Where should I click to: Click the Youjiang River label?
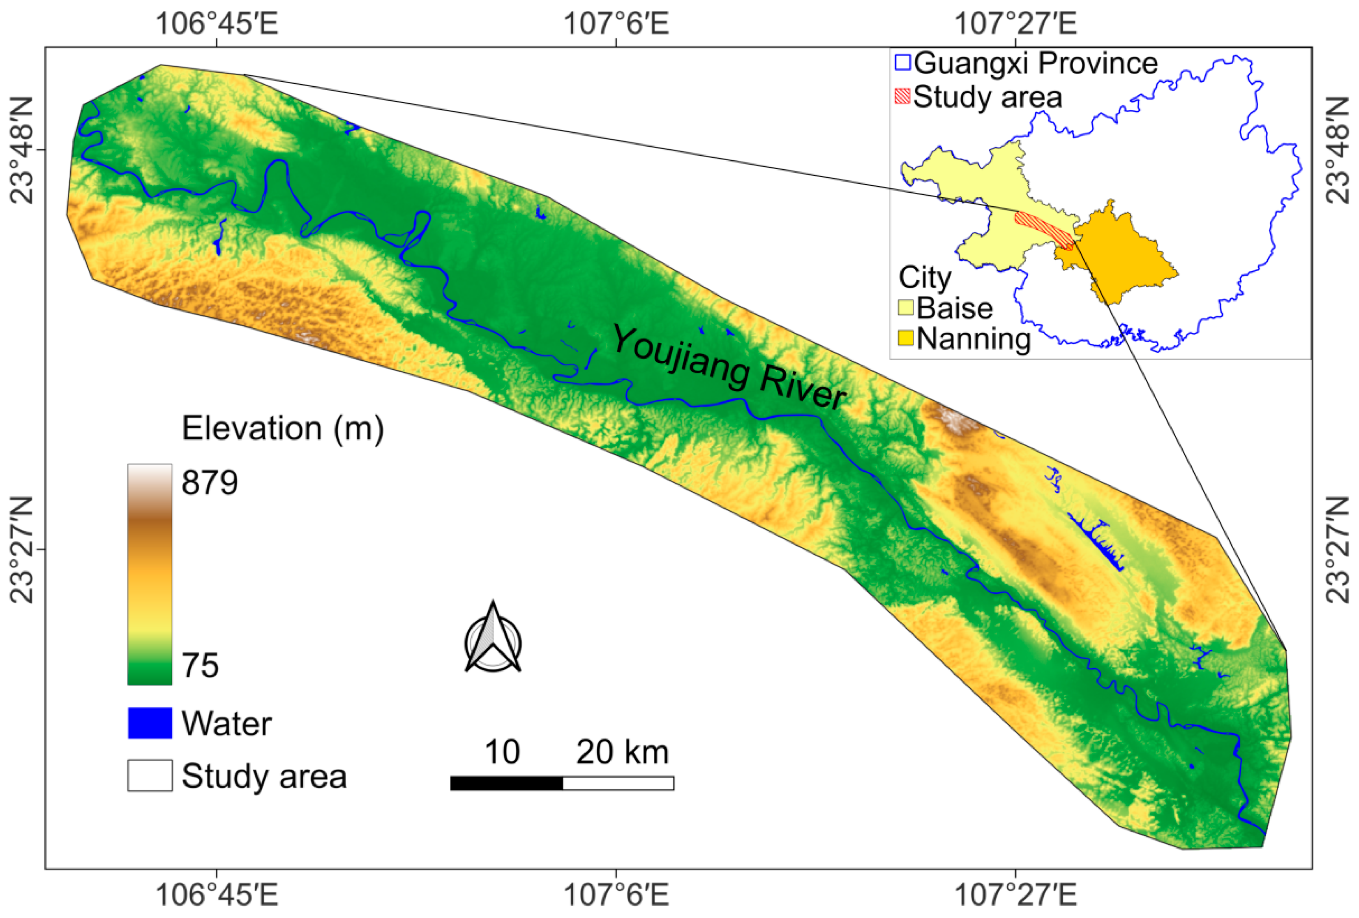point(729,367)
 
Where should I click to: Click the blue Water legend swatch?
point(150,723)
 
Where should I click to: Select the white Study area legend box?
point(150,775)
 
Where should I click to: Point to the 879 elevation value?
point(209,483)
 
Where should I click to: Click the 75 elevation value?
point(200,665)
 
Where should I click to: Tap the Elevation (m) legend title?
point(282,429)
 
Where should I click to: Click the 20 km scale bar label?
point(622,752)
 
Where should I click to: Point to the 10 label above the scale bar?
point(502,752)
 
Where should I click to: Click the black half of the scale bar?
point(506,783)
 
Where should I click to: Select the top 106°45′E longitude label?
point(217,25)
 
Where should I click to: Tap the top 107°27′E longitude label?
point(1016,25)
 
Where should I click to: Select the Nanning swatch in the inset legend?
point(906,338)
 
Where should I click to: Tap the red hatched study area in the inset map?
point(1044,229)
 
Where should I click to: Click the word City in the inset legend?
point(925,277)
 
